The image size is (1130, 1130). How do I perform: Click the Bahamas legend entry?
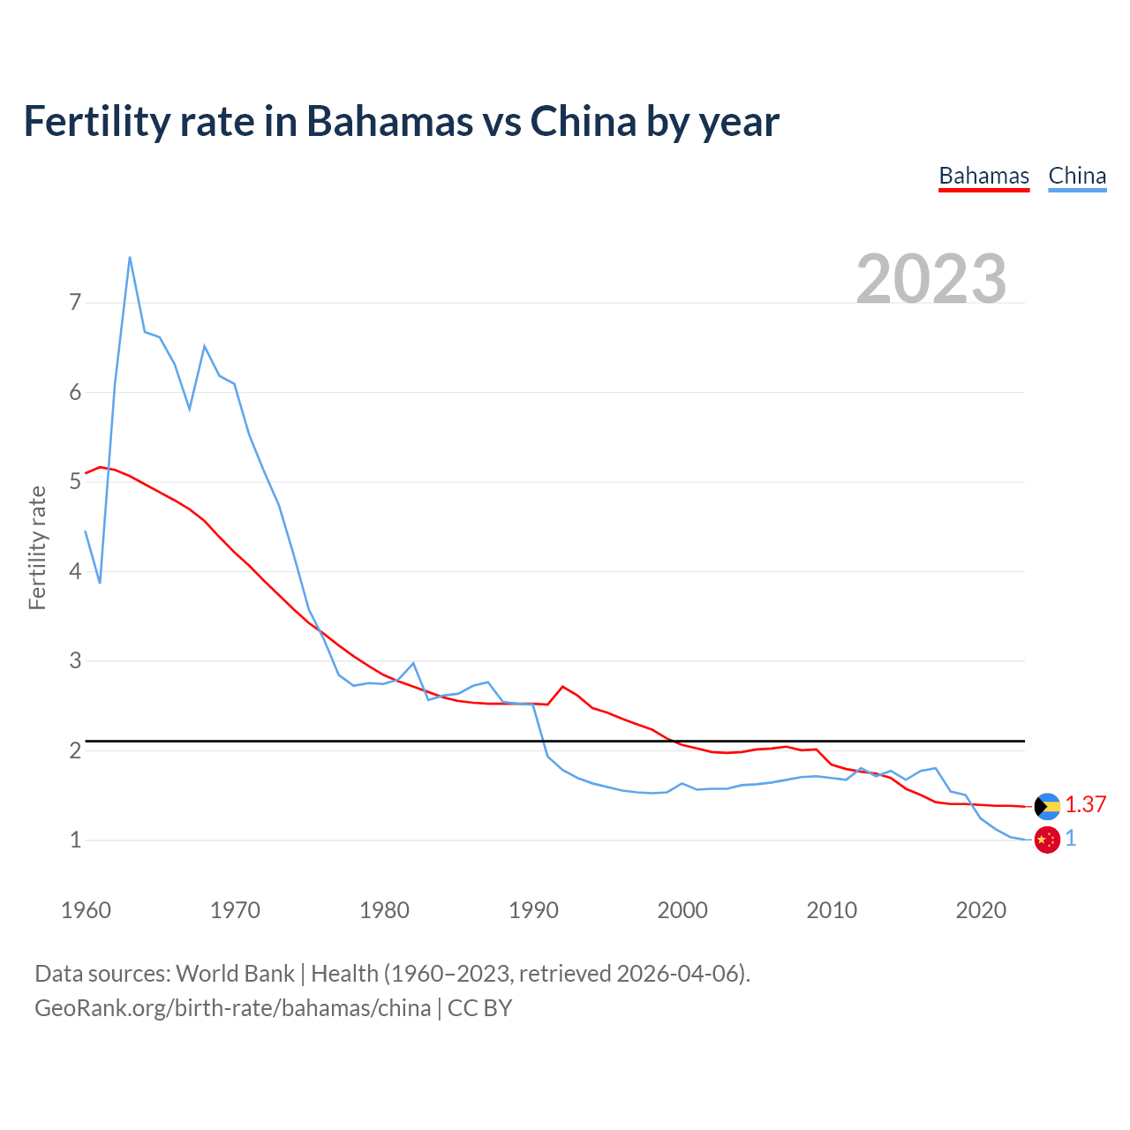pyautogui.click(x=983, y=176)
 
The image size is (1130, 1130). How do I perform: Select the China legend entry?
pyautogui.click(x=1077, y=176)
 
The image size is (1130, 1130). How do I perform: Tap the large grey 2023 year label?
pyautogui.click(x=931, y=279)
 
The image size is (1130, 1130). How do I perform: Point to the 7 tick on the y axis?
pyautogui.click(x=75, y=303)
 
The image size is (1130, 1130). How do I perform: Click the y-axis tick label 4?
pyautogui.click(x=75, y=571)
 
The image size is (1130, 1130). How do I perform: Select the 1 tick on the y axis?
pyautogui.click(x=75, y=840)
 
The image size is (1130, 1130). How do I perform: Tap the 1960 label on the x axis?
pyautogui.click(x=86, y=910)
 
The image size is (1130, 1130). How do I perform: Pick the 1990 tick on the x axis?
pyautogui.click(x=533, y=910)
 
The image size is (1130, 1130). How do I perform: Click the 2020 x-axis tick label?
pyautogui.click(x=981, y=910)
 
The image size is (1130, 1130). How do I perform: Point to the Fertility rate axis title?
pyautogui.click(x=37, y=547)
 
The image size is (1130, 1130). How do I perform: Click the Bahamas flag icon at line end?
pyautogui.click(x=1047, y=806)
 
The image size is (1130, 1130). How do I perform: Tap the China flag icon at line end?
pyautogui.click(x=1047, y=840)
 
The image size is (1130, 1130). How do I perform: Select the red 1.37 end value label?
pyautogui.click(x=1085, y=804)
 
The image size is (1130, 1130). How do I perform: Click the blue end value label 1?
pyautogui.click(x=1071, y=839)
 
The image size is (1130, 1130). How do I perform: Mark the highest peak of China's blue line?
pyautogui.click(x=130, y=257)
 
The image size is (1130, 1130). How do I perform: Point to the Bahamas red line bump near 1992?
pyautogui.click(x=562, y=686)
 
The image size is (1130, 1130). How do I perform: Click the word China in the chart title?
pyautogui.click(x=583, y=121)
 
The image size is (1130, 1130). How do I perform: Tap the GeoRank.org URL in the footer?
pyautogui.click(x=232, y=1007)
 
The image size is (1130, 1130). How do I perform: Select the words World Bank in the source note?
pyautogui.click(x=235, y=973)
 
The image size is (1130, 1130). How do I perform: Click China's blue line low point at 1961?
pyautogui.click(x=100, y=583)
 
